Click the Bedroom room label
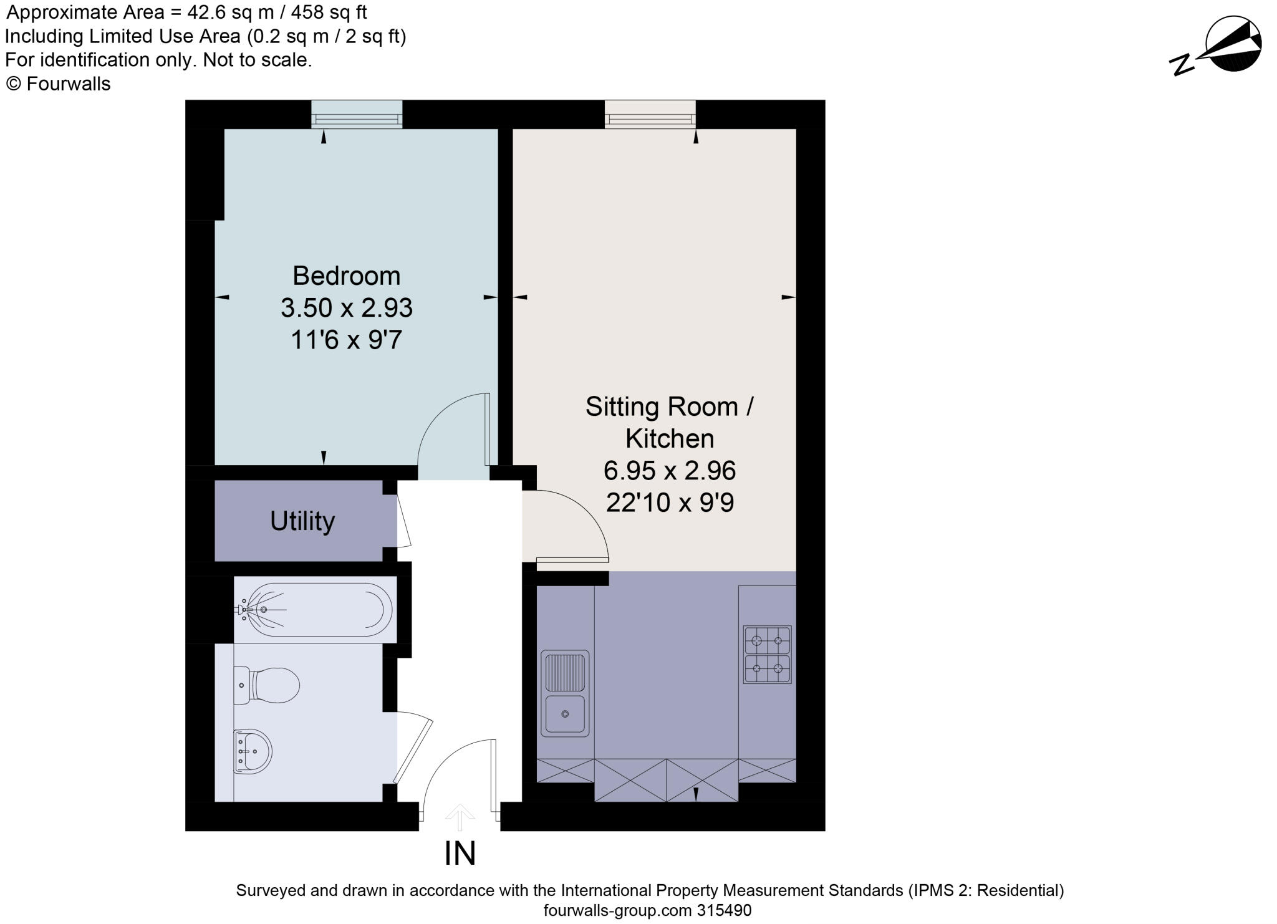346,276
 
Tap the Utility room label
302,521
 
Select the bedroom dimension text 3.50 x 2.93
346,308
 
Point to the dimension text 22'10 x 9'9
670,503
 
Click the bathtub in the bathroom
316,609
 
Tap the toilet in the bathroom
267,685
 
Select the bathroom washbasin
252,751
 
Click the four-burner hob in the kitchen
767,655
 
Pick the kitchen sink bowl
565,714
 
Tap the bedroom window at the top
357,115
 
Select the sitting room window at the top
650,115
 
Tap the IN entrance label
460,854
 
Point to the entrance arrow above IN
460,817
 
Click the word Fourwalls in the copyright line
69,84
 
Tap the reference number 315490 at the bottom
724,910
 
